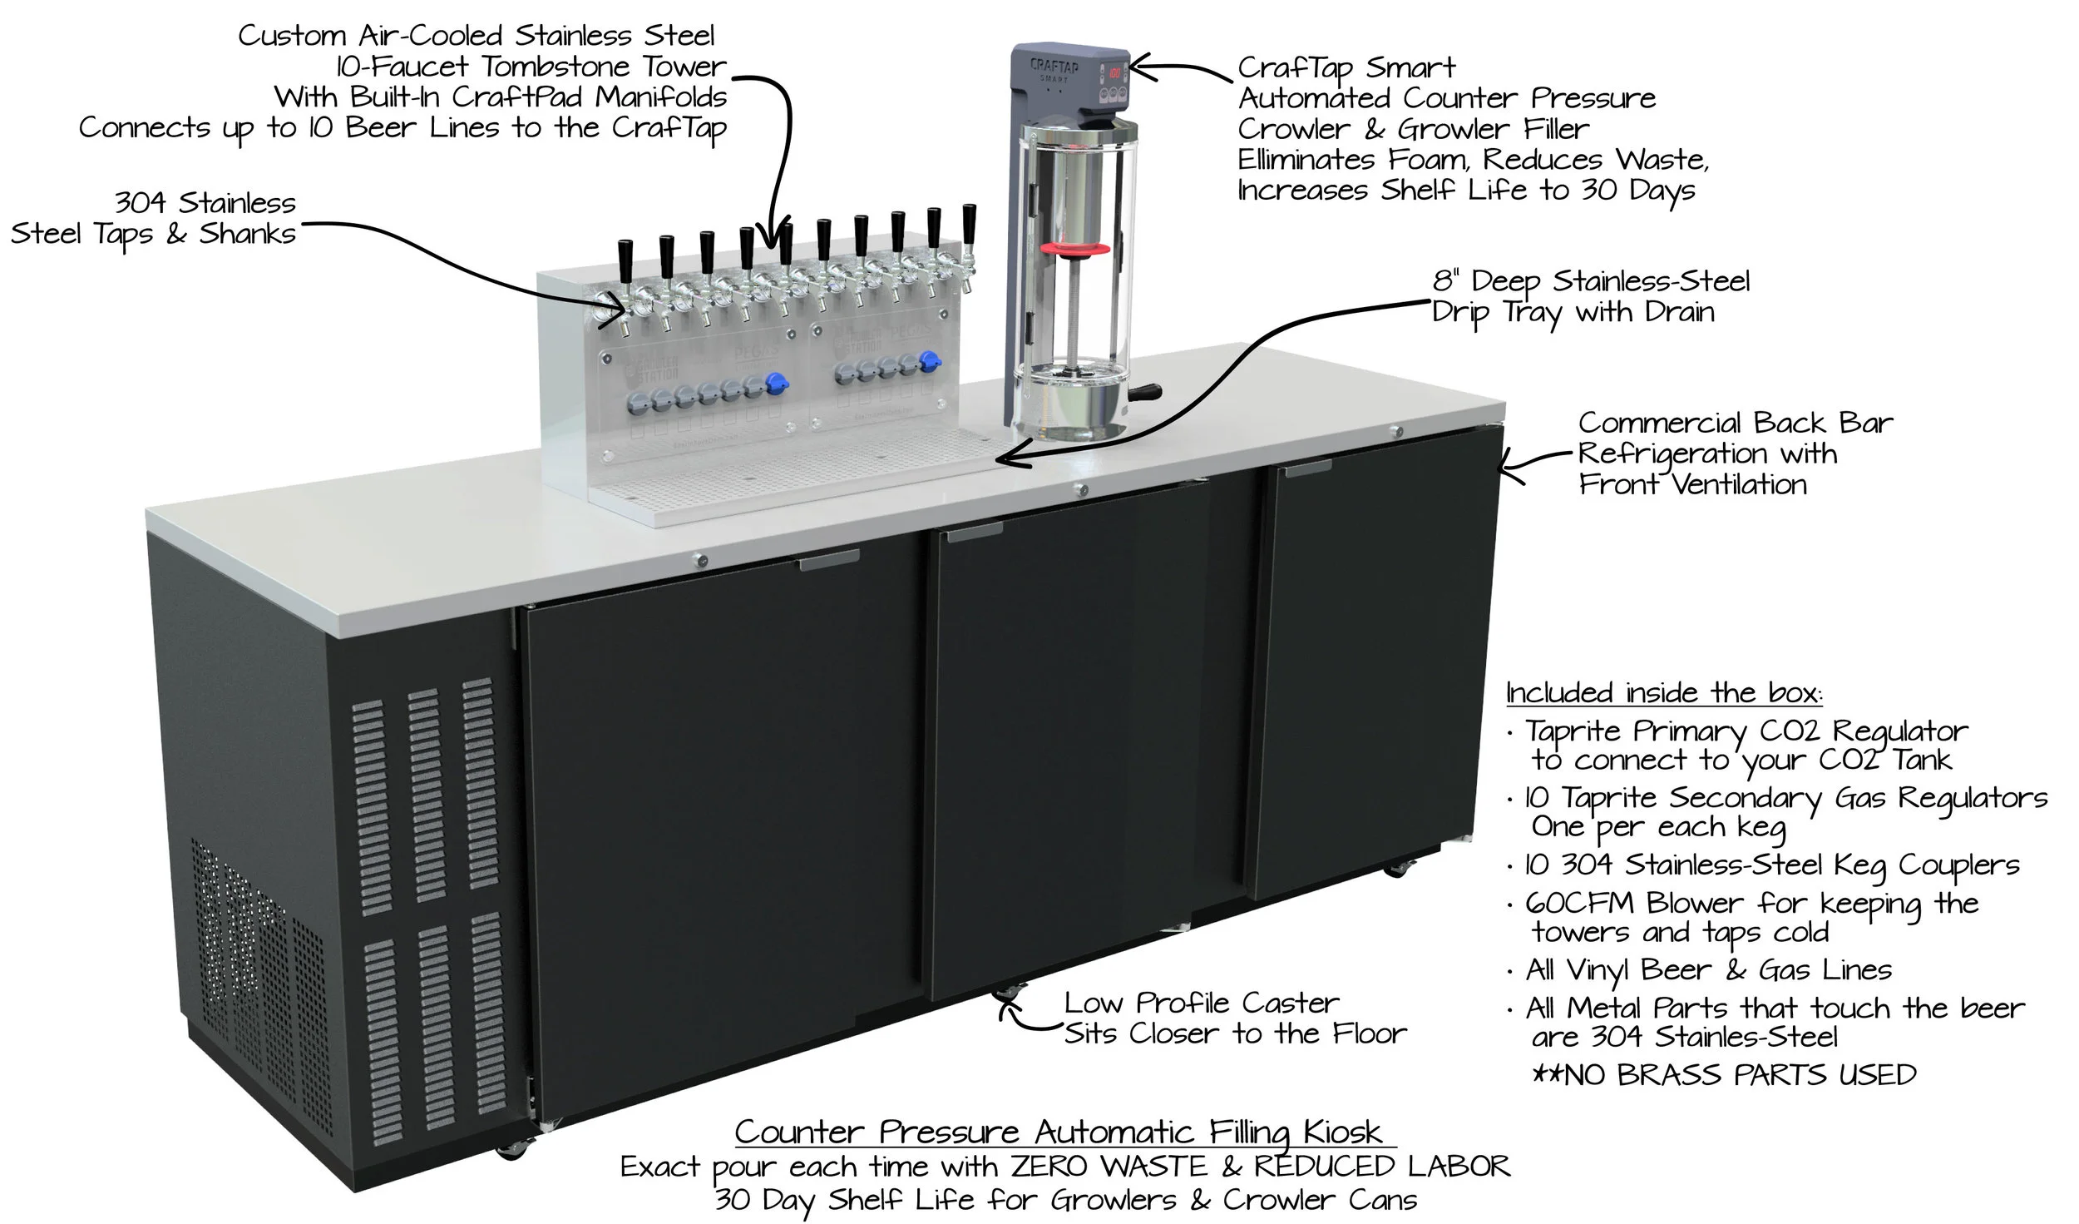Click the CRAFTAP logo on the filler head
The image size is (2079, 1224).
tap(1054, 66)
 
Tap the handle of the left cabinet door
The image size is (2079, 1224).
tap(829, 563)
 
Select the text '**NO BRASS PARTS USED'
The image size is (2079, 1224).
tap(1723, 1075)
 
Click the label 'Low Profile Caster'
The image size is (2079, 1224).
tap(1201, 1003)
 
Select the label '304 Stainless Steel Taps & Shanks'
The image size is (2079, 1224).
tap(154, 218)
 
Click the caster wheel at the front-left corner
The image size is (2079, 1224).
tap(506, 1151)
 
